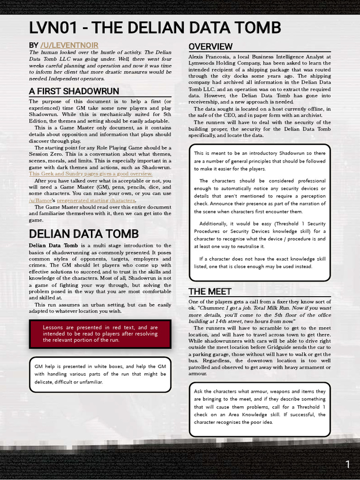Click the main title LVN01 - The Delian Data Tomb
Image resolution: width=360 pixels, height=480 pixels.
point(155,28)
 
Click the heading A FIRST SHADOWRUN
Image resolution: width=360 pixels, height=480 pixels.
point(74,91)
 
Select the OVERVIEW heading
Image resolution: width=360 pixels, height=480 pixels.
point(210,46)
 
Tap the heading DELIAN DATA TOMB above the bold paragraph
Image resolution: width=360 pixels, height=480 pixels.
point(83,233)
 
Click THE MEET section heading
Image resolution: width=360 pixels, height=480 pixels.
point(210,292)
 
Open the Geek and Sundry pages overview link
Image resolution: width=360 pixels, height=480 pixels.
point(90,174)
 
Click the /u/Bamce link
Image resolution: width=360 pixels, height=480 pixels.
point(40,201)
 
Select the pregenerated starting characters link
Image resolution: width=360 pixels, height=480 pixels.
point(96,201)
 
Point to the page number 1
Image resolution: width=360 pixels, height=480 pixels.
point(347,465)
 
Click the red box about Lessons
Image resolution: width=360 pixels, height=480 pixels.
point(100,334)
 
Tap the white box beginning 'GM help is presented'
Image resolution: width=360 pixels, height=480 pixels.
point(100,374)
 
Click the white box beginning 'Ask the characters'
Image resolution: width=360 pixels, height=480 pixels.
point(260,407)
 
